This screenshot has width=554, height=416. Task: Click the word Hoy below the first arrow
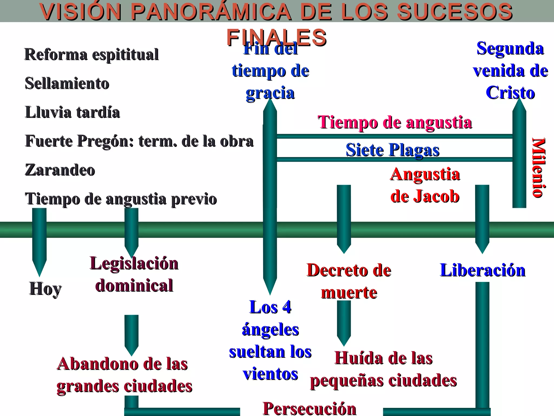45,289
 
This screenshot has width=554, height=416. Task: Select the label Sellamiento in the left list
67,83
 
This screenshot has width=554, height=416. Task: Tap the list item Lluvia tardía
72,112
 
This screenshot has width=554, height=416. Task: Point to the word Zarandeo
60,170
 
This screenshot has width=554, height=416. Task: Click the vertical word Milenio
538,168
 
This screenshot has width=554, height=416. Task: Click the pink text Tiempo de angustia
395,122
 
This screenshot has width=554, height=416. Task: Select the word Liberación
483,270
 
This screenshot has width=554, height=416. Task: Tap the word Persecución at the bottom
309,408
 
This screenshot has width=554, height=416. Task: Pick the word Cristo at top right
510,93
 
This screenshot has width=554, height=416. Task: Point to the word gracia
270,93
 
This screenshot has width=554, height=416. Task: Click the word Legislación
134,263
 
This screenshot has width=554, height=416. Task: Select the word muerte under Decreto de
349,292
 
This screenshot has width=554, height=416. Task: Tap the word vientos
270,374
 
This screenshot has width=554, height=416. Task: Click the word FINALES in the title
276,37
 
